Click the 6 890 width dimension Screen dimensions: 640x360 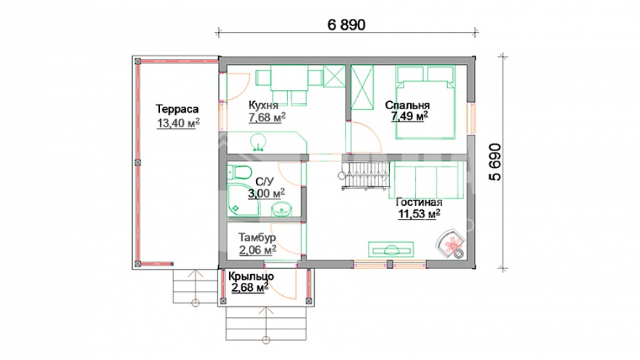pyautogui.click(x=346, y=25)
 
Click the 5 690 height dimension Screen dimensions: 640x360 pyautogui.click(x=495, y=162)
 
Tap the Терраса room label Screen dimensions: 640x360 pyautogui.click(x=177, y=109)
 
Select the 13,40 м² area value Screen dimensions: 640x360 pyautogui.click(x=178, y=123)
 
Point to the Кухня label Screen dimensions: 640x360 pyautogui.click(x=263, y=105)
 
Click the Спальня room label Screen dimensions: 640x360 pyautogui.click(x=407, y=105)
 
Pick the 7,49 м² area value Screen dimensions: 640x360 pyautogui.click(x=409, y=116)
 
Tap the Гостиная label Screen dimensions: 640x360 pyautogui.click(x=419, y=202)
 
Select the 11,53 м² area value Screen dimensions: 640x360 pyautogui.click(x=419, y=214)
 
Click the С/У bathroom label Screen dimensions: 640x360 pyautogui.click(x=265, y=182)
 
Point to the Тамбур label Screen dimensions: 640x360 pyautogui.click(x=257, y=237)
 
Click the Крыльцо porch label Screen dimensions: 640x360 pyautogui.click(x=251, y=276)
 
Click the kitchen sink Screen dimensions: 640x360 pyautogui.click(x=258, y=142)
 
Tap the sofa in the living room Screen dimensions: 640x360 pyautogui.click(x=428, y=180)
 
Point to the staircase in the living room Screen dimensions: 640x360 pyautogui.click(x=364, y=175)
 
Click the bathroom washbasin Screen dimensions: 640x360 pyautogui.click(x=281, y=209)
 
